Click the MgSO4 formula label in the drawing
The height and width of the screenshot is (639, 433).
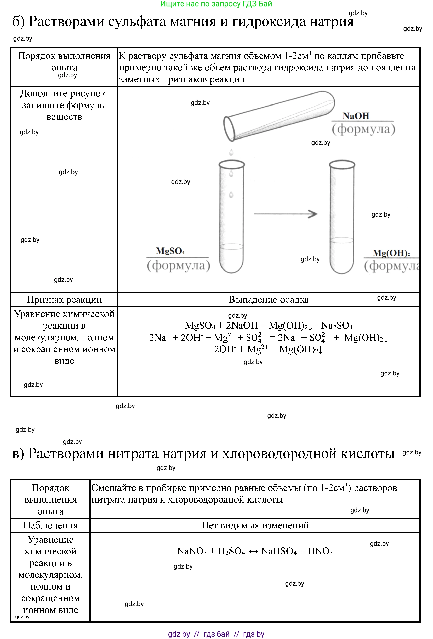click(x=170, y=251)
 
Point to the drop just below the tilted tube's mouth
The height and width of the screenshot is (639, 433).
click(x=231, y=152)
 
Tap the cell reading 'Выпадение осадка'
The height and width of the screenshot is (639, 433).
click(x=269, y=299)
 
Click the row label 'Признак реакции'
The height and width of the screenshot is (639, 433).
click(x=64, y=299)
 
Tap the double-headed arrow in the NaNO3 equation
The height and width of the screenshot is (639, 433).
click(x=253, y=552)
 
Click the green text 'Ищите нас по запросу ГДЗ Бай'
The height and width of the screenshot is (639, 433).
click(x=216, y=4)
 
